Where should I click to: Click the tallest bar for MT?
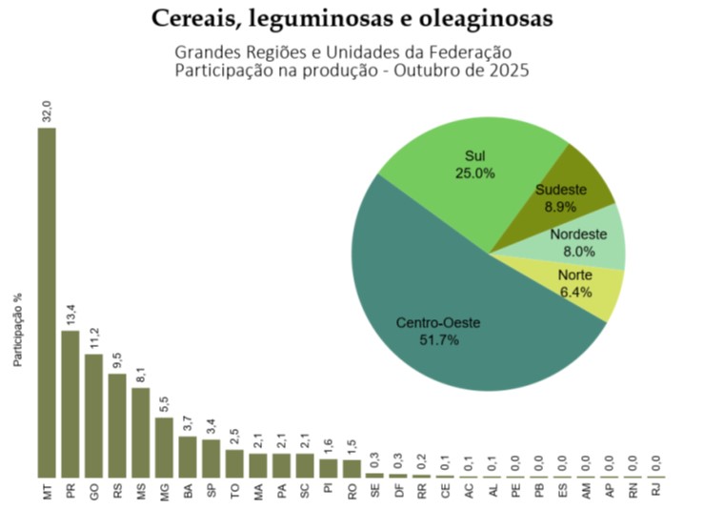(47, 302)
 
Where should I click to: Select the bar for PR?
(70, 403)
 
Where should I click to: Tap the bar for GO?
(93, 415)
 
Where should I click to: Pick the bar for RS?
(117, 424)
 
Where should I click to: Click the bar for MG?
(164, 446)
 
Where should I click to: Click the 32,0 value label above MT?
(47, 111)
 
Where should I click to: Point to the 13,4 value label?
(70, 315)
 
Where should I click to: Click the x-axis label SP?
(211, 493)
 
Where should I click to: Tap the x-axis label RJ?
(655, 493)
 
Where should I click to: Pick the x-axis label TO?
(234, 493)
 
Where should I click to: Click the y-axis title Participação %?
(17, 330)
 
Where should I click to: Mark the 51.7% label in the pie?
(439, 340)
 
